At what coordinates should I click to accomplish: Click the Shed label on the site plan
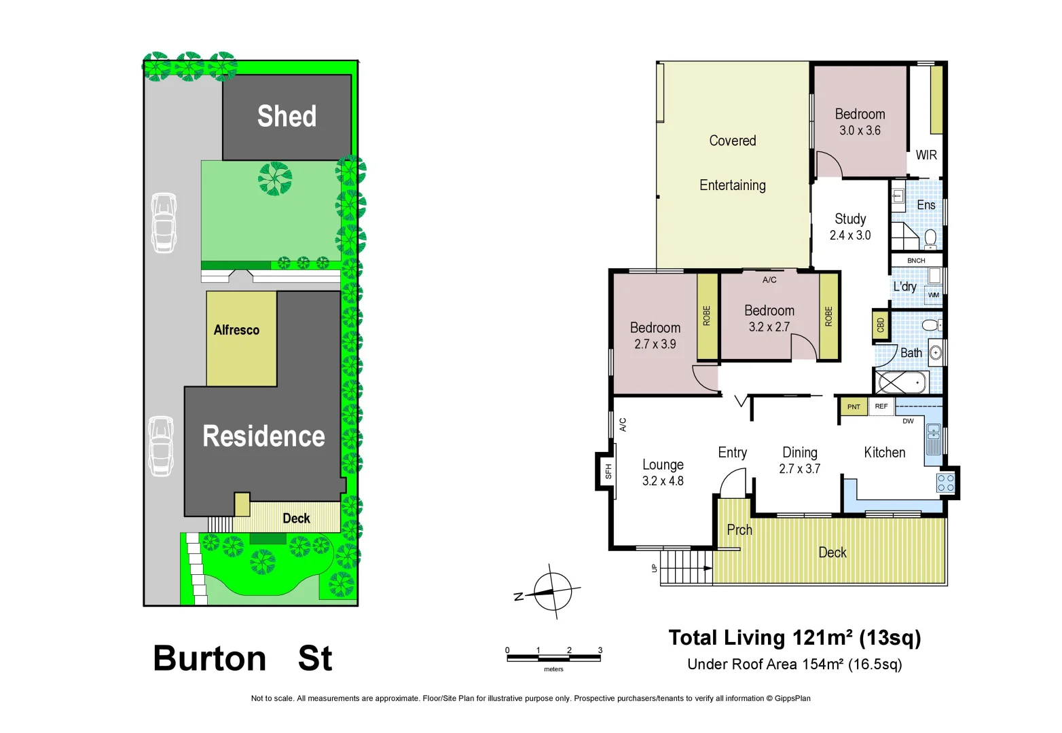[287, 116]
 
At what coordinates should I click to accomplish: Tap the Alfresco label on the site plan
[236, 330]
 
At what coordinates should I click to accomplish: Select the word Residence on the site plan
[263, 436]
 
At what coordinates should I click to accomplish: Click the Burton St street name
[242, 658]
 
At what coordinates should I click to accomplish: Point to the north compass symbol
[552, 592]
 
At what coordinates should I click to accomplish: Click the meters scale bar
[553, 657]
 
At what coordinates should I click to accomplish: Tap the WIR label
[926, 155]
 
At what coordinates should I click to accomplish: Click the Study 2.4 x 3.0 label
[850, 227]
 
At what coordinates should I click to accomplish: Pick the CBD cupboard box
[881, 326]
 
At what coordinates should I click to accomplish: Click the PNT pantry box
[854, 407]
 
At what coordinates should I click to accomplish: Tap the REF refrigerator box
[881, 407]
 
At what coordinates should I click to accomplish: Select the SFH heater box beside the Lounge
[607, 471]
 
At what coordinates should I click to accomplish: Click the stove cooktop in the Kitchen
[945, 483]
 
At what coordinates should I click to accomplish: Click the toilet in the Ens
[930, 238]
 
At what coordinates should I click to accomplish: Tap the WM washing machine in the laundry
[934, 295]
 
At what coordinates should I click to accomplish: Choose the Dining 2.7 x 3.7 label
[800, 460]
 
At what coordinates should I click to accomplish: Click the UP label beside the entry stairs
[655, 568]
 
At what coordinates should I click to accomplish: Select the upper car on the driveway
[164, 223]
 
